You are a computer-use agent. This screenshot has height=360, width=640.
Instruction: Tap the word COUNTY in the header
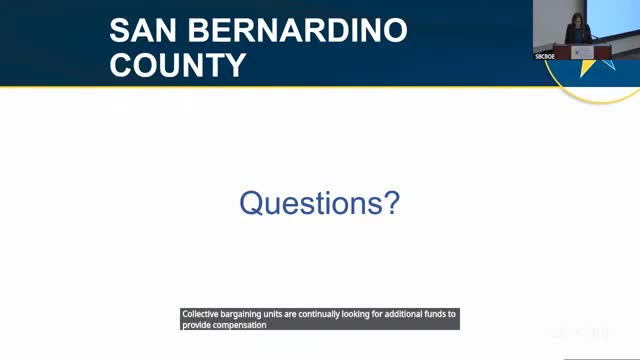point(178,65)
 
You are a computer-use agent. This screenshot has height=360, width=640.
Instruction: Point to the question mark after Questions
point(391,203)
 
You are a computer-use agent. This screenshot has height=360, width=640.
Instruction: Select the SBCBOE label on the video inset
point(543,57)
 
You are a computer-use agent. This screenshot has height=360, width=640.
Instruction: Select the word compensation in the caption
point(239,325)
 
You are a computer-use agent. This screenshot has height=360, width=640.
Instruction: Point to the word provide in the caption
point(196,325)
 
